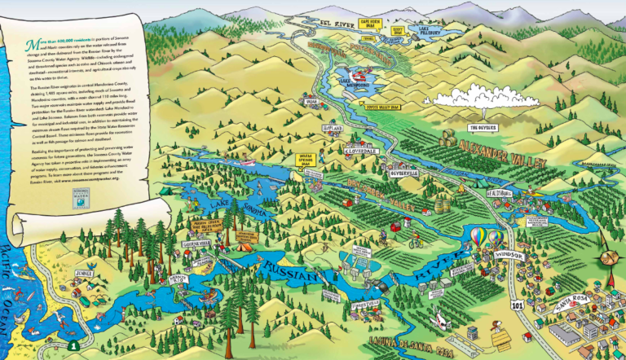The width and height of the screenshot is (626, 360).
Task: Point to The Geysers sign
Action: tap(482, 127)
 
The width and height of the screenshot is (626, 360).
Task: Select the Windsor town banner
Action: tap(510, 255)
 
